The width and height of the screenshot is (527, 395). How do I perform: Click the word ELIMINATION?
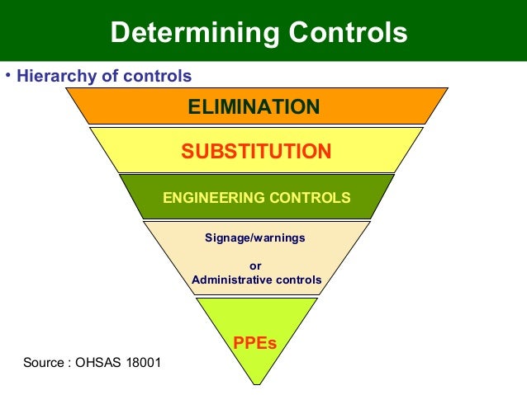point(254,106)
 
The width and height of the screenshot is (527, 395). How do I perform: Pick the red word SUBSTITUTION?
point(256,152)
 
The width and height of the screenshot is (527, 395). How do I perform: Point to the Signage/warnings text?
point(255,237)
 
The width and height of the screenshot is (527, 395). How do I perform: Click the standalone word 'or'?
point(255,266)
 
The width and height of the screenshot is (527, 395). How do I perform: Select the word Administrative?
point(233,280)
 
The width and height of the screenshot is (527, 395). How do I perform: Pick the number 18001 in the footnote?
point(143,363)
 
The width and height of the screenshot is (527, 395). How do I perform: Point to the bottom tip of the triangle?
point(256,383)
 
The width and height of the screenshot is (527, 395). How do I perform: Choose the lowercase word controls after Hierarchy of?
point(158,77)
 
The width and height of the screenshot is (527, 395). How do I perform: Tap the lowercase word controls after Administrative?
point(299,280)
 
